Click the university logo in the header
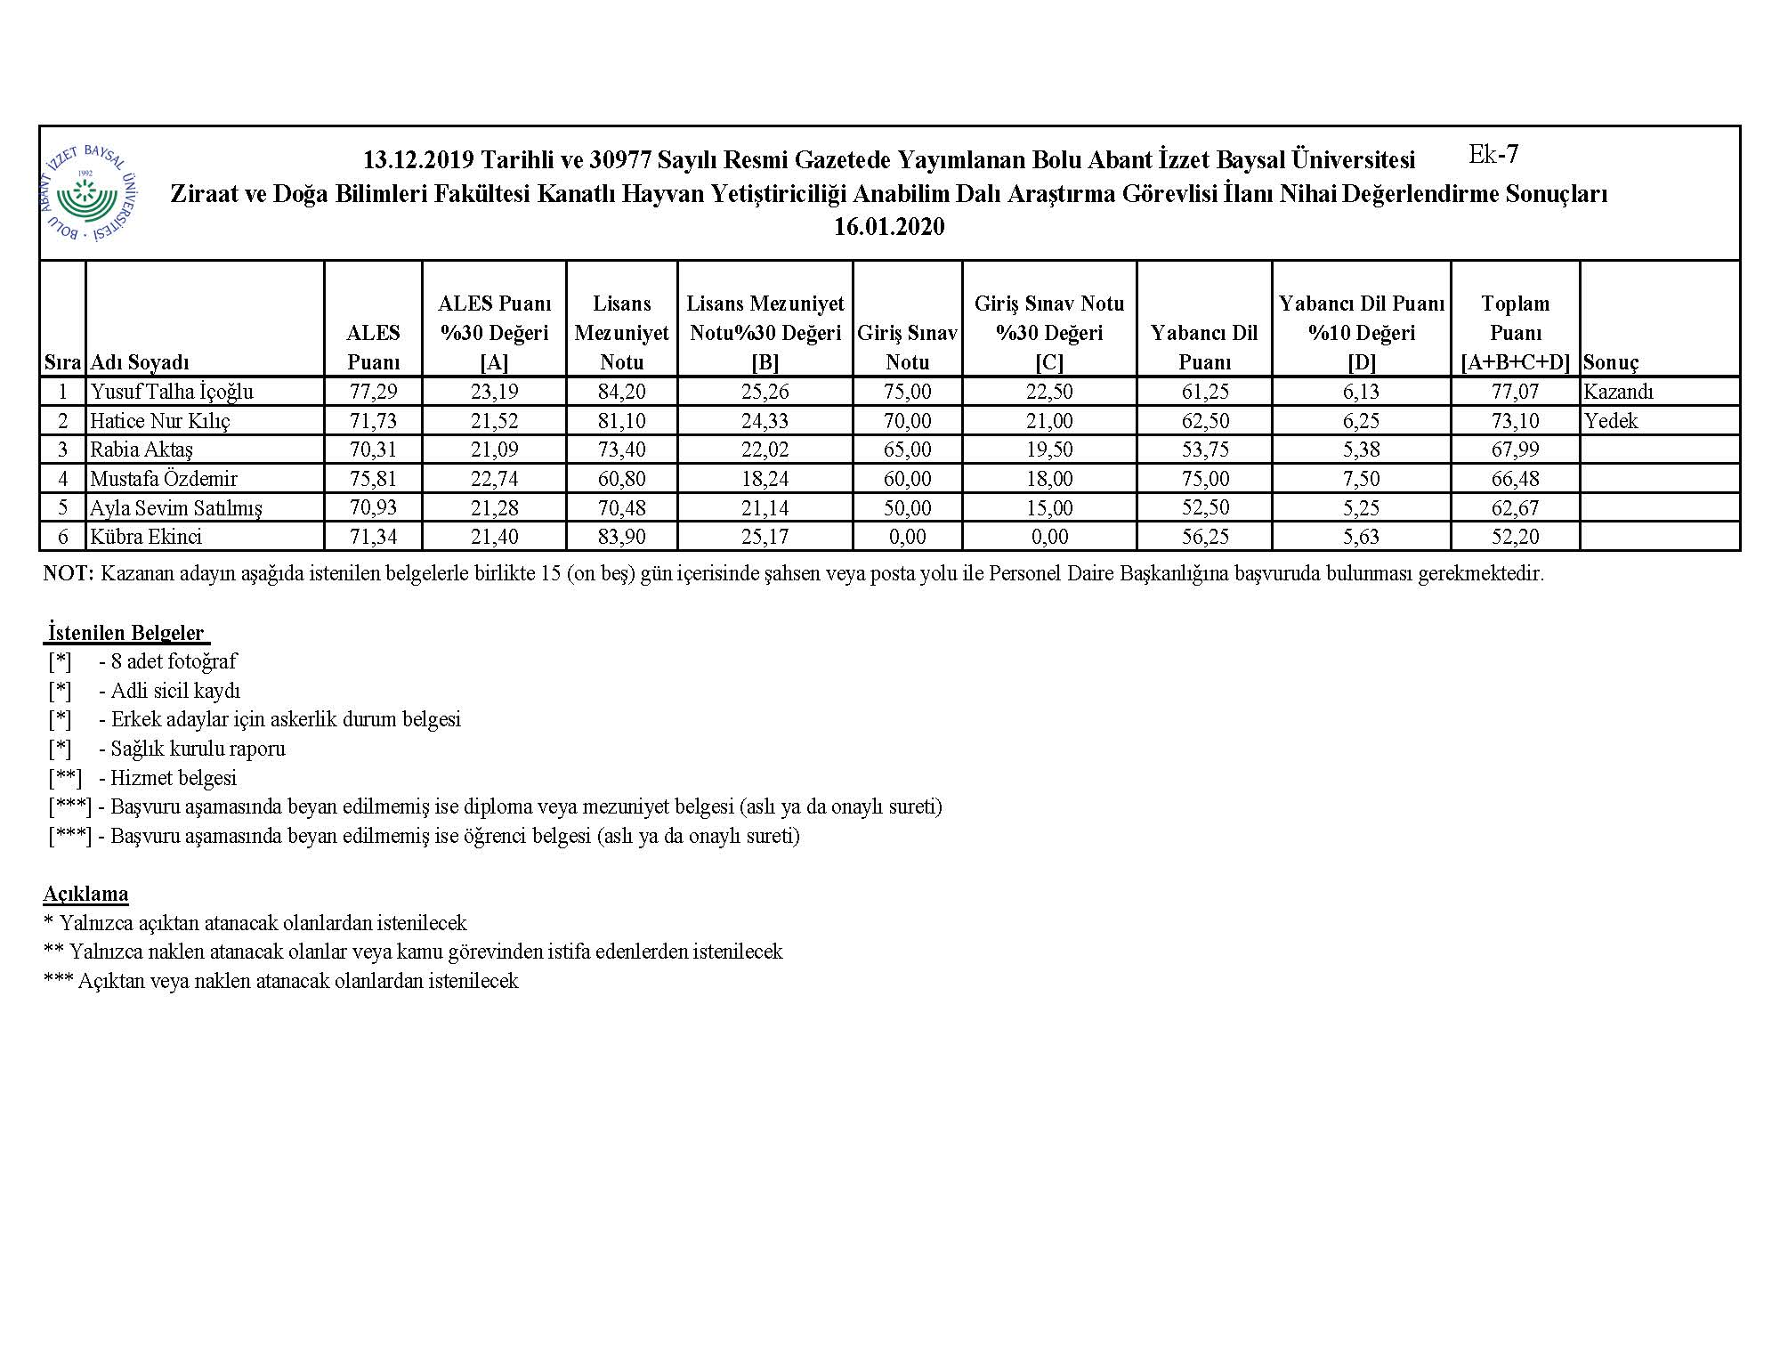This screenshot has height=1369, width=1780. point(89,193)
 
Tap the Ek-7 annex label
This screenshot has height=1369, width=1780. point(1493,155)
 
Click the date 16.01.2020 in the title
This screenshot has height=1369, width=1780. point(888,227)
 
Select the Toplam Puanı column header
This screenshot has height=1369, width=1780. point(1515,332)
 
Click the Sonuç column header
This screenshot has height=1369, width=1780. point(1611,362)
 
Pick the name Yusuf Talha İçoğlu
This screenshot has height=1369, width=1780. point(172,392)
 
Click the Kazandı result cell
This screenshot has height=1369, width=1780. point(1618,392)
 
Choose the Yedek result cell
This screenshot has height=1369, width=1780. point(1611,421)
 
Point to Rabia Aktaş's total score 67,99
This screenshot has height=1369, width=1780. point(1515,450)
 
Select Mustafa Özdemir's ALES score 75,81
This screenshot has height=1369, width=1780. point(373,479)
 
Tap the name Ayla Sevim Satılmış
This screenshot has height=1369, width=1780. point(176,508)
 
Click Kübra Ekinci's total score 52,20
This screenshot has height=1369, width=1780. point(1515,537)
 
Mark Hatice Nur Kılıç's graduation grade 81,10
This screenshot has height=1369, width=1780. point(621,421)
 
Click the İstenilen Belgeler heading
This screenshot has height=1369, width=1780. point(126,633)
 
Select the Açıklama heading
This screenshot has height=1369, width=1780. point(85,894)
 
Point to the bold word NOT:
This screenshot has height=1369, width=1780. point(68,574)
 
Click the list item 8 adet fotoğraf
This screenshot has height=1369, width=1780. point(168,661)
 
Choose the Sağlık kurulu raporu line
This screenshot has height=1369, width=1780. point(192,749)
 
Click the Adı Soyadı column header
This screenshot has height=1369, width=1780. point(140,362)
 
